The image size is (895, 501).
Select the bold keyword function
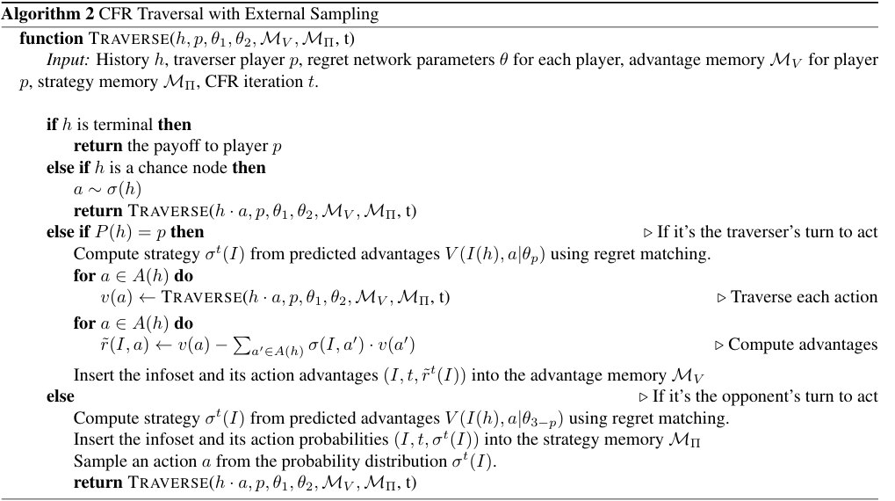point(51,39)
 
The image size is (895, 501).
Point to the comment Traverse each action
point(797,297)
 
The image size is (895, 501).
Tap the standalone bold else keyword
point(61,396)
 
